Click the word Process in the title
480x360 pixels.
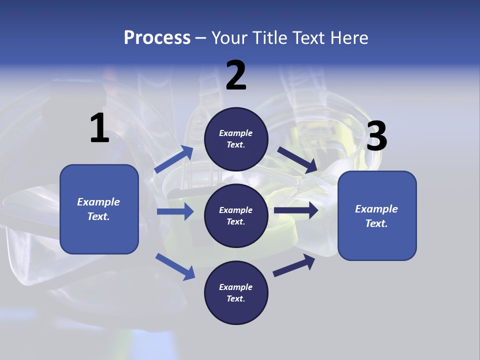pos(157,38)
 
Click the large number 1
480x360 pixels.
pos(99,128)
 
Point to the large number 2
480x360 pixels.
pos(236,75)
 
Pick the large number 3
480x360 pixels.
pos(376,136)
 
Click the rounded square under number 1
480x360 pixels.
pos(99,209)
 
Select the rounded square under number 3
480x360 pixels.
pos(377,215)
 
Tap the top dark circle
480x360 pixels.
pos(236,139)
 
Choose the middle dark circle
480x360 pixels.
pos(236,215)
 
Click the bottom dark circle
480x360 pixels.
pos(236,292)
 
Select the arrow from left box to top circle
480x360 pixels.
pos(174,159)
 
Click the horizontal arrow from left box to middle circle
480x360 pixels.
pos(175,211)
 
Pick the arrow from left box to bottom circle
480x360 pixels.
pos(175,266)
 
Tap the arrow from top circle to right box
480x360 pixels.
pos(297,160)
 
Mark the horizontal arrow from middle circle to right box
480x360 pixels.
pos(295,210)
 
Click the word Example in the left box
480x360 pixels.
pos(98,202)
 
